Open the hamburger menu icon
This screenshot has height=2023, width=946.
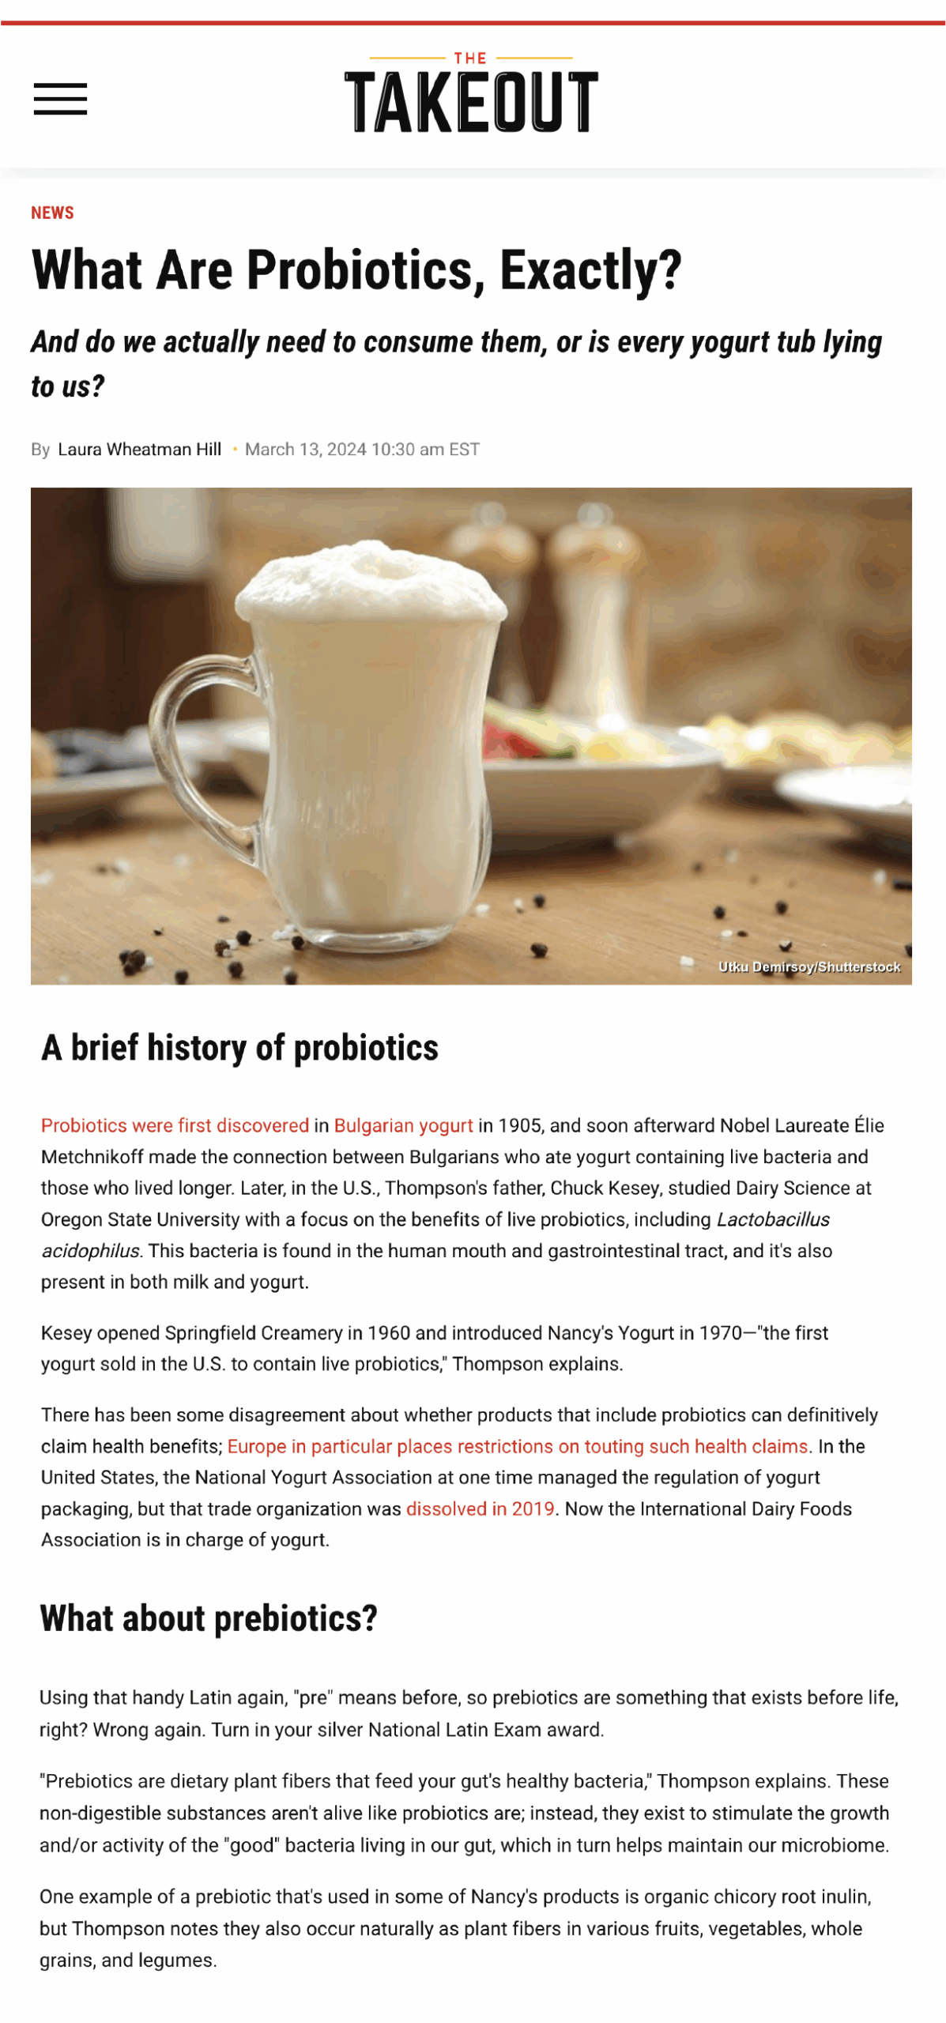[60, 99]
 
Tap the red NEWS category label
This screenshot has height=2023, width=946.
[52, 213]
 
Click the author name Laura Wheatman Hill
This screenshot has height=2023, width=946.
[139, 449]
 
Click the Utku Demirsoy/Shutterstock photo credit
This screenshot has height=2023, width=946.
[808, 966]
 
